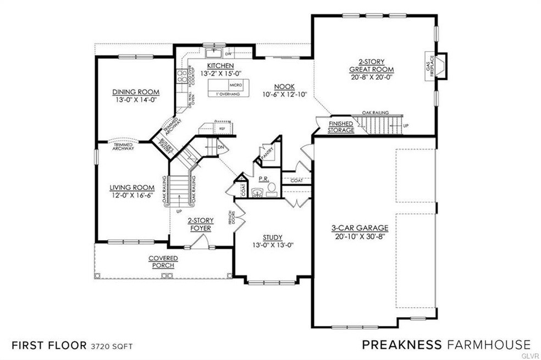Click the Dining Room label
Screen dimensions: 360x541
point(136,92)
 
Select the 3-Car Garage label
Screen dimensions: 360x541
point(360,228)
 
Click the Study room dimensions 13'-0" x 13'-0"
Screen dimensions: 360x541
point(271,245)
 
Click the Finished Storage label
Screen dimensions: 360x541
point(341,127)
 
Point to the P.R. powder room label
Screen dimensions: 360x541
point(263,179)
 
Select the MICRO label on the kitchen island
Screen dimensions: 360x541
point(236,86)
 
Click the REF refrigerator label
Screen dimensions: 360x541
point(222,128)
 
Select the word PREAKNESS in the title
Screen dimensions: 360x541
point(401,345)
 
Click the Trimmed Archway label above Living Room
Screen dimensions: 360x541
point(123,147)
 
